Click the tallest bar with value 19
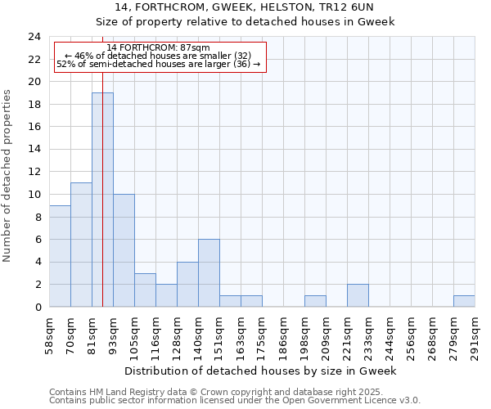point(102,200)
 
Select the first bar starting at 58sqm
point(60,256)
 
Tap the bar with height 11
point(81,245)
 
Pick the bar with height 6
point(209,273)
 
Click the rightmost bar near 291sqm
point(464,301)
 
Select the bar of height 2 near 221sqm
point(358,295)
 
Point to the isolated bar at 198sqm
point(315,301)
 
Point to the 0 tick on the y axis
point(37,307)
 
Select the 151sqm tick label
point(220,335)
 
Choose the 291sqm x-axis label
point(475,335)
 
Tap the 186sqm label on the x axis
point(284,335)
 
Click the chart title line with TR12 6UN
point(245,7)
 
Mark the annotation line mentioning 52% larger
point(159,64)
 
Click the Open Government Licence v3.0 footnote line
point(235,401)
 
